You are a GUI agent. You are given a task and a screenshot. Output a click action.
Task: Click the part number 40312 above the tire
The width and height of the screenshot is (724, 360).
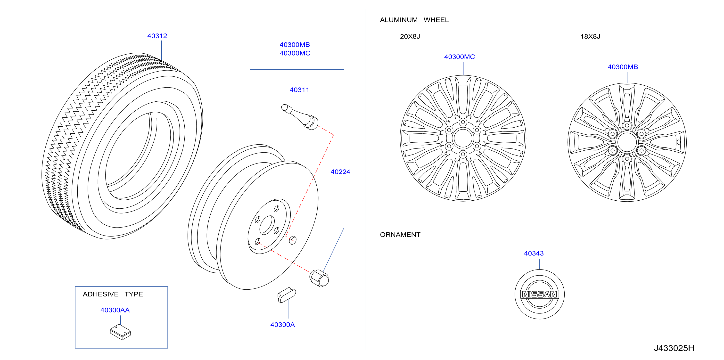157,36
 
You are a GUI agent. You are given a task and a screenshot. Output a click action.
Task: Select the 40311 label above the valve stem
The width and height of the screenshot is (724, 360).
299,90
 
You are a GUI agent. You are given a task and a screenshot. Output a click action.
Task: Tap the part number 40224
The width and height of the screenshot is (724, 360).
340,172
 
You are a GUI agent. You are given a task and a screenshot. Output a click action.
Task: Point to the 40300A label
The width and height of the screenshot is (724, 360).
282,325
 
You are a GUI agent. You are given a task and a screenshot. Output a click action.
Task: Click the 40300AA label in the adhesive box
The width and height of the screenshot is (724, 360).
115,310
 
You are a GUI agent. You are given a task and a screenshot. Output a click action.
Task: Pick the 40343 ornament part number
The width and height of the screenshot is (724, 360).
534,254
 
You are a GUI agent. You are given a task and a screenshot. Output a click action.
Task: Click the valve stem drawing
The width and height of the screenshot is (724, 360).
300,117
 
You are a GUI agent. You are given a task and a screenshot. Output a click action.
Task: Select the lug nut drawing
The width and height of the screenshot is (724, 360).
319,278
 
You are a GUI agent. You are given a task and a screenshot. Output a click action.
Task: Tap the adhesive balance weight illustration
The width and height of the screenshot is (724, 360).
120,332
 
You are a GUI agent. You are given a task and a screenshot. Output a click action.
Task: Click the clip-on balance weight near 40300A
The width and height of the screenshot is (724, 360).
286,295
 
